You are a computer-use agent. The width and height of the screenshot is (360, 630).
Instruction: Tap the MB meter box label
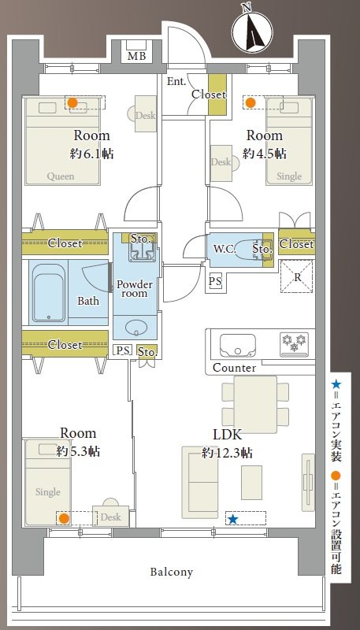[x=136, y=56]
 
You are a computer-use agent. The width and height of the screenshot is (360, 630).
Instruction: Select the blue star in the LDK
[x=232, y=519]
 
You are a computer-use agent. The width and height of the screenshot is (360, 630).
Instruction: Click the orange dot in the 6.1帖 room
[x=72, y=102]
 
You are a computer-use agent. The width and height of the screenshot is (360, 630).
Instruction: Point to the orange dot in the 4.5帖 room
[x=251, y=103]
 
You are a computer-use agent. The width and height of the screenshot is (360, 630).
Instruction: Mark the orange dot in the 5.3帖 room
[x=64, y=519]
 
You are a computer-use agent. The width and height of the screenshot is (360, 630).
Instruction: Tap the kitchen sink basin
[x=237, y=345]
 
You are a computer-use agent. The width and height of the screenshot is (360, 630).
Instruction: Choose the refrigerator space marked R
[x=296, y=276]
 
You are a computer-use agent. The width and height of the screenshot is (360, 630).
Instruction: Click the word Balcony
[x=172, y=572]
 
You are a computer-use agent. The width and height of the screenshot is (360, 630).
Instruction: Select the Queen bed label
[x=61, y=176]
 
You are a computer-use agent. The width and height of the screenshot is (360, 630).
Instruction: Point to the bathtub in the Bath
[x=48, y=293]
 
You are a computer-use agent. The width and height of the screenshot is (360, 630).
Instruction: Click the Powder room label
[x=135, y=289]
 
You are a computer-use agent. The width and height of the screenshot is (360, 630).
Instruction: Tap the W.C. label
[x=225, y=249]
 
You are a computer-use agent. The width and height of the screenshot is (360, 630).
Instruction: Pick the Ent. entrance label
[x=176, y=81]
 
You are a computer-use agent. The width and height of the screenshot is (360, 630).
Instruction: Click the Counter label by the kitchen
[x=234, y=368]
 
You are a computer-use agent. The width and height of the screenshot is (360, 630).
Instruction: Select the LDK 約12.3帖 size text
[x=227, y=454]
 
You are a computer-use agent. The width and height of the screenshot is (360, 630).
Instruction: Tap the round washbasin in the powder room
[x=136, y=328]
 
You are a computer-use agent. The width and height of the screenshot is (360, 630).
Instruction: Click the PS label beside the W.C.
[x=215, y=281]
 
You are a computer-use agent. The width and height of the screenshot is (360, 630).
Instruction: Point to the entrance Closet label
[x=209, y=94]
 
